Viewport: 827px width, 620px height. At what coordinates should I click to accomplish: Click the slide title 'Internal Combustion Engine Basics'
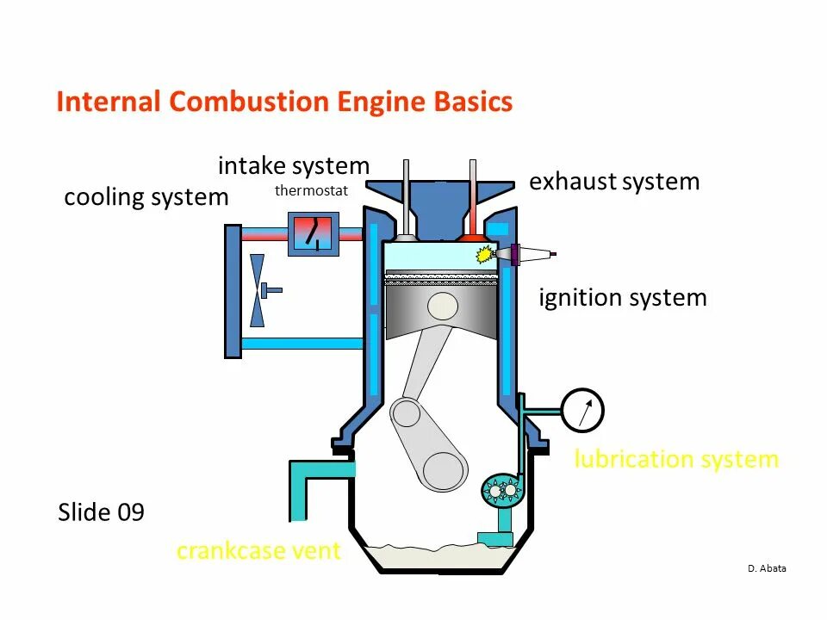click(x=284, y=102)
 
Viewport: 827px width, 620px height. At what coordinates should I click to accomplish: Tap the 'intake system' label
click(x=294, y=166)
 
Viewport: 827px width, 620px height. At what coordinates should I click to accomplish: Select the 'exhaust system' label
click(x=614, y=182)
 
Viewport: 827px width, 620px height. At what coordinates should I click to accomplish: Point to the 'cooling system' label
click(x=146, y=198)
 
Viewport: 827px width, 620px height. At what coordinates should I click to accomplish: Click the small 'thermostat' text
click(x=311, y=190)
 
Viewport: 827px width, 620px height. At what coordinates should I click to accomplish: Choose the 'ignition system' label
click(x=622, y=298)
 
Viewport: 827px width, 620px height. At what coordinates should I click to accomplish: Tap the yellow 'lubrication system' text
click(x=676, y=459)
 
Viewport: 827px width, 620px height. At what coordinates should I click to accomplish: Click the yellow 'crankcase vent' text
click(x=258, y=551)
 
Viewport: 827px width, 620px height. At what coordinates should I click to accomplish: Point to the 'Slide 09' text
click(x=101, y=512)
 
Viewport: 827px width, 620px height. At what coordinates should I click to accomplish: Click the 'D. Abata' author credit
click(x=767, y=568)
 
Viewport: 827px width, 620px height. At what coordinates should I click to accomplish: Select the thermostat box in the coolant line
click(x=314, y=234)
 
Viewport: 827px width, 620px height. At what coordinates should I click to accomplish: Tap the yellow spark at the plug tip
click(x=484, y=255)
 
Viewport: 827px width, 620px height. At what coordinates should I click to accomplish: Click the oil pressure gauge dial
click(x=582, y=410)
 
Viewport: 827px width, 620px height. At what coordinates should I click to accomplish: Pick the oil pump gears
click(x=502, y=491)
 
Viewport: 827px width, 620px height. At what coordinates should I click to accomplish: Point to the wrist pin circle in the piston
click(x=443, y=306)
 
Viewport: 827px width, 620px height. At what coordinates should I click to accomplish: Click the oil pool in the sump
click(x=440, y=557)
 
